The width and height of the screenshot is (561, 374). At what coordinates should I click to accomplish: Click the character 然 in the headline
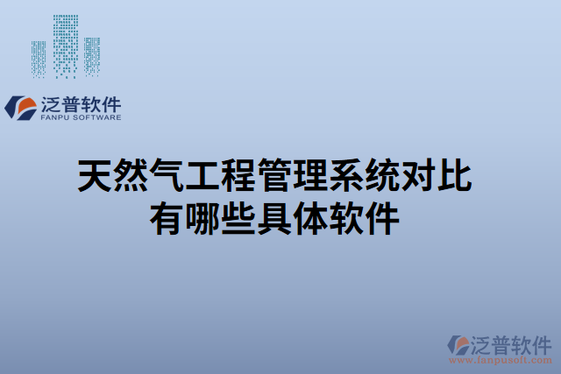click(x=131, y=176)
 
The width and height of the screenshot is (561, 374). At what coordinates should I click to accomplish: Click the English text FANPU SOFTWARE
click(x=82, y=116)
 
